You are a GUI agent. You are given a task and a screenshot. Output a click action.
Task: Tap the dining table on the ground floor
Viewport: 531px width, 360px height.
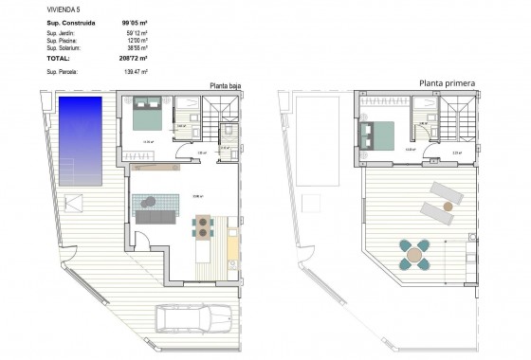[x=203, y=225]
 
